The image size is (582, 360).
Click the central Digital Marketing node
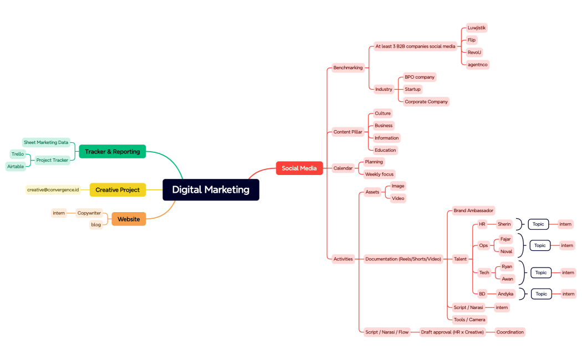(211, 189)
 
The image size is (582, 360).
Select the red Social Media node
(299, 168)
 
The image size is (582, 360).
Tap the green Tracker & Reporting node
(112, 152)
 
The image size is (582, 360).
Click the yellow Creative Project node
(118, 190)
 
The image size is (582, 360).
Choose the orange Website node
(129, 219)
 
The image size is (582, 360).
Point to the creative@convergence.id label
(53, 190)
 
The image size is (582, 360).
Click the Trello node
(18, 154)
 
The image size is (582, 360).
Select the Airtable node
(16, 166)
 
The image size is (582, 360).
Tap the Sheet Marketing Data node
(46, 142)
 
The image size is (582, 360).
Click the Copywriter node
(89, 213)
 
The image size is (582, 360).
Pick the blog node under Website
(96, 225)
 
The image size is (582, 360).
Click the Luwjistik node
(476, 28)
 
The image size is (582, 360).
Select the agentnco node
(477, 64)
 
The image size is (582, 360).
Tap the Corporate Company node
(426, 102)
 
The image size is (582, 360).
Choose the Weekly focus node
(379, 174)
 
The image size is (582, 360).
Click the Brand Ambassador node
(473, 210)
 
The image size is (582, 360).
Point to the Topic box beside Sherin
(538, 224)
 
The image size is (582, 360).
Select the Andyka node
(506, 294)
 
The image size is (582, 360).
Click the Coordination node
(509, 332)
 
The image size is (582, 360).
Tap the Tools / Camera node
(469, 320)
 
